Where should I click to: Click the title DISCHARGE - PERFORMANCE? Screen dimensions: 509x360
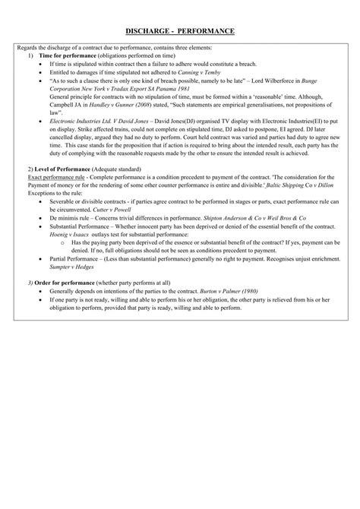[179, 30]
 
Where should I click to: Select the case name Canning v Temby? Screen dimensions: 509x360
[200, 71]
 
